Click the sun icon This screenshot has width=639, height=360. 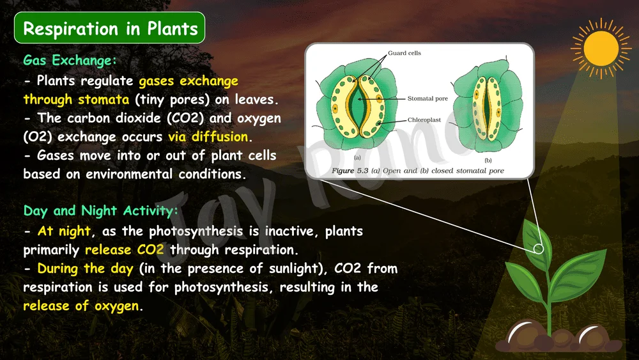pos(601,48)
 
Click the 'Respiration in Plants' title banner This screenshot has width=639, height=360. pos(110,27)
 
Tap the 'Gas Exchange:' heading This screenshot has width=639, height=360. pos(70,60)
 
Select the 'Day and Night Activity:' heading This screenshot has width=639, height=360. pos(101,211)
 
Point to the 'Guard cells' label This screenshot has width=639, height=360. pos(404,53)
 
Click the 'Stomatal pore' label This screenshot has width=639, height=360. pos(427,98)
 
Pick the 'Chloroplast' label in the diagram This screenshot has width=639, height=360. pos(424,120)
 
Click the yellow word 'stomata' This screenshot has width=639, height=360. pos(104,100)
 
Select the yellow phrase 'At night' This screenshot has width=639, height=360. pos(64,231)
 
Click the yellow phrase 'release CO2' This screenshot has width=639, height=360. pos(125,249)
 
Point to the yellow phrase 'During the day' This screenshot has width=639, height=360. pos(85,269)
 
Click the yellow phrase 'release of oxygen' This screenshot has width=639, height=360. pos(81,306)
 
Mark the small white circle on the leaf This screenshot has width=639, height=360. pos(538,249)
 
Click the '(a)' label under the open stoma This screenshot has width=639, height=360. pos(357,157)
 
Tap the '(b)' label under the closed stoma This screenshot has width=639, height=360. pos(488,160)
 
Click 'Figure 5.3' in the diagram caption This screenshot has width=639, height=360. pos(350,171)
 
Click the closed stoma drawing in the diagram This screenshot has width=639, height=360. pos(486,106)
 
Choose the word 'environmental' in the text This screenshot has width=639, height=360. pos(129,174)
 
